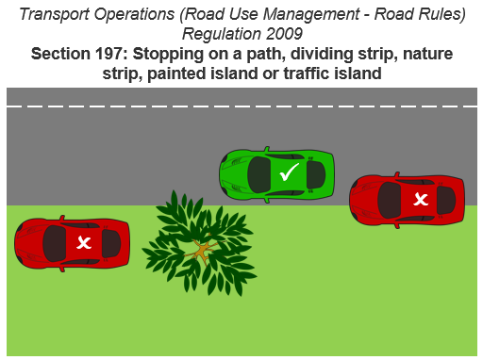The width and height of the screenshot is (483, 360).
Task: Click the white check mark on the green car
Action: point(290,172)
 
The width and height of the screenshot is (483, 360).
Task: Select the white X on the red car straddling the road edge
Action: point(421,199)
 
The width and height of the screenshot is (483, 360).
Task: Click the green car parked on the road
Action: point(277,173)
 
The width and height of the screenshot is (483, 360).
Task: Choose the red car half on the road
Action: point(407,199)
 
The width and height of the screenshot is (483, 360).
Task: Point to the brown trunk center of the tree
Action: point(200,251)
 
